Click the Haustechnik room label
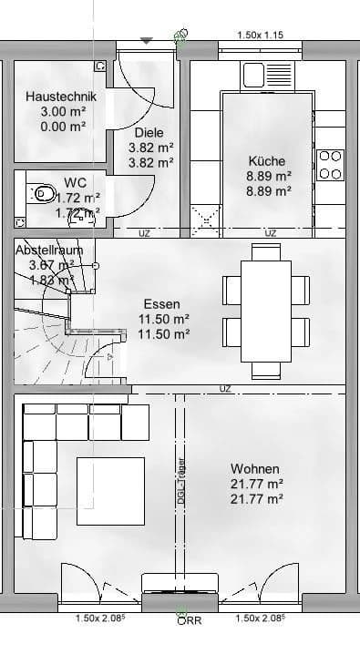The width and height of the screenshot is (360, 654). tap(56, 97)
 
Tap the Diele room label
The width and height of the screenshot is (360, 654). tap(149, 132)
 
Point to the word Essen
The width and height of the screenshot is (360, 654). tap(162, 304)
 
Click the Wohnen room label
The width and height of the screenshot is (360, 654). tap(255, 468)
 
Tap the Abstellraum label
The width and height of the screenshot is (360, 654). tap(49, 250)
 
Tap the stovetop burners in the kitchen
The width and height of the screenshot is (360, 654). tap(329, 164)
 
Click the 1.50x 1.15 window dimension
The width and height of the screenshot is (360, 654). tap(261, 35)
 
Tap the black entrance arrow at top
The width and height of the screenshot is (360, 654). tap(147, 40)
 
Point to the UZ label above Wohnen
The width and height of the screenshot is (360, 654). tap(225, 389)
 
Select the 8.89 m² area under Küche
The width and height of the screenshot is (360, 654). tap(269, 176)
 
